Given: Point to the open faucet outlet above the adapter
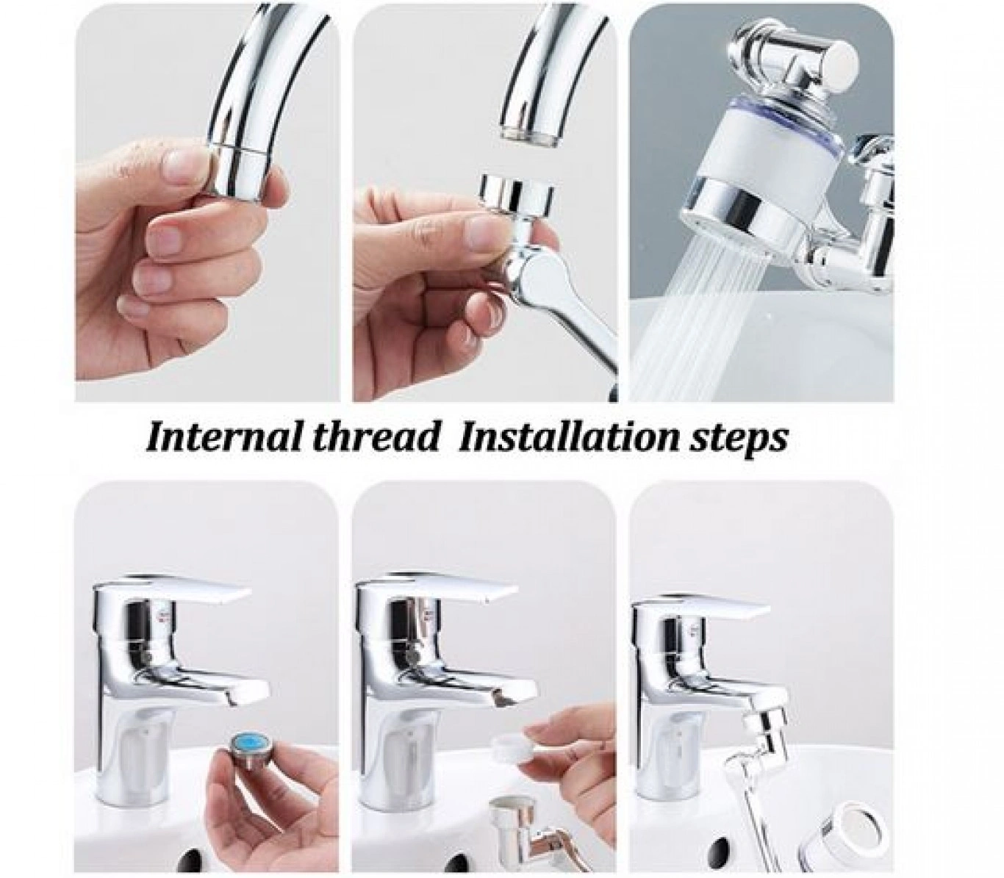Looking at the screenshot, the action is click(531, 136).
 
